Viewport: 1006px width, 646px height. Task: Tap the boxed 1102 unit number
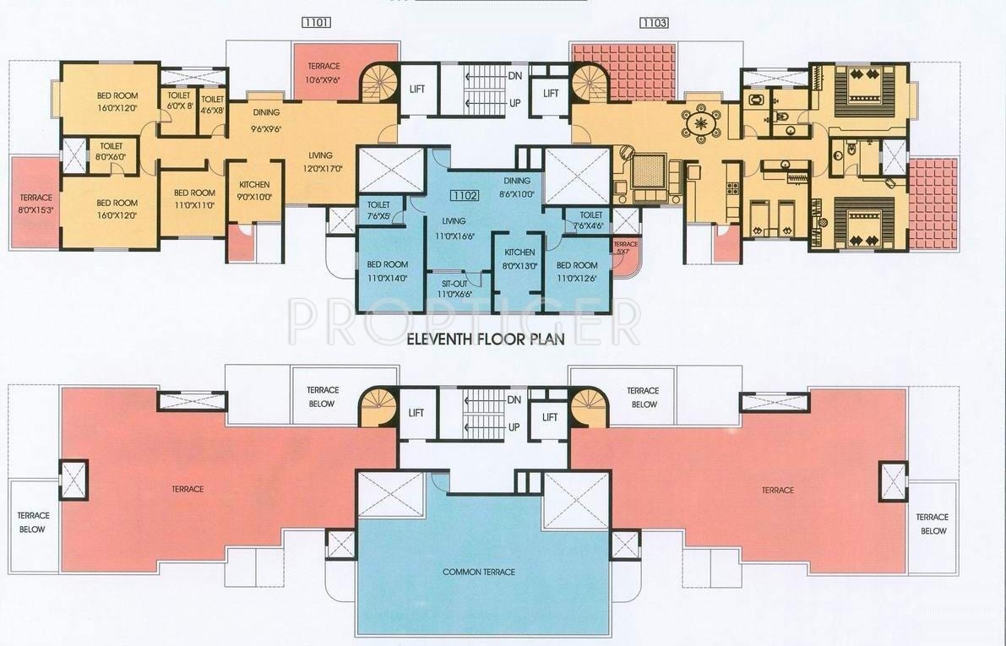tap(465, 195)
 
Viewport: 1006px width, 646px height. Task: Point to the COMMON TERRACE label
tap(479, 572)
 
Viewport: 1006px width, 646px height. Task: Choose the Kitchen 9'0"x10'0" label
tap(254, 190)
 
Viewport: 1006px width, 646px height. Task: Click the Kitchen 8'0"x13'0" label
tap(519, 258)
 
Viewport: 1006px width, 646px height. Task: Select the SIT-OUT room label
tap(454, 288)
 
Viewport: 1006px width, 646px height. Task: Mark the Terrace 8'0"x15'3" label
tap(36, 203)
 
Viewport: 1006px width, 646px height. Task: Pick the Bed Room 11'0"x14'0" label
tap(388, 270)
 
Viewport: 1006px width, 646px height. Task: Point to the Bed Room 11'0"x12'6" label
tap(577, 270)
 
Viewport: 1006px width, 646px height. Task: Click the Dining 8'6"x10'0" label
tap(517, 187)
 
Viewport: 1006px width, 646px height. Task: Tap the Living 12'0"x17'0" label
tap(320, 160)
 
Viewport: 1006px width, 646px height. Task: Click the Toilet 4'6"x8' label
tap(212, 104)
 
